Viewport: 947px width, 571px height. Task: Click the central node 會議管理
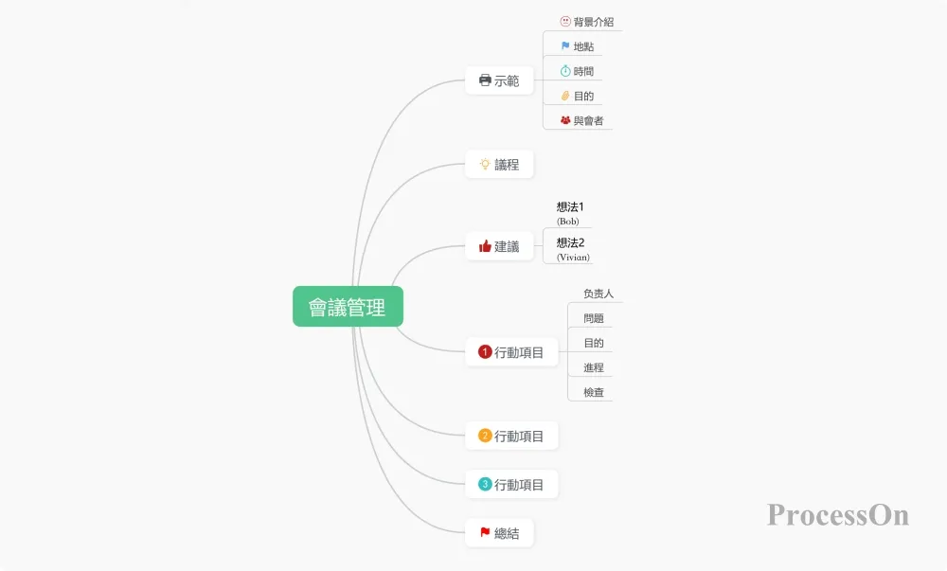tap(348, 307)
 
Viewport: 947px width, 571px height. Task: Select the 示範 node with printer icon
tap(499, 80)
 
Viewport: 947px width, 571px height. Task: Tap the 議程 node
tap(499, 164)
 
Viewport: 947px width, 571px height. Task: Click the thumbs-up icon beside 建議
tap(485, 245)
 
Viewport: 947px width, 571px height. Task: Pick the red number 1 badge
tap(485, 351)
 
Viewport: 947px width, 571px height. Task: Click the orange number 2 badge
tap(485, 436)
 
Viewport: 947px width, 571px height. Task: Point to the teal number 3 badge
tap(485, 484)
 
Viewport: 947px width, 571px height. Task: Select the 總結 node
tap(499, 533)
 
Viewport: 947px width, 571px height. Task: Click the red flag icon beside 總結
tap(485, 532)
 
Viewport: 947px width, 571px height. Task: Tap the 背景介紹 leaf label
tap(594, 22)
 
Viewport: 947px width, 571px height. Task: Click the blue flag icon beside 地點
tap(565, 45)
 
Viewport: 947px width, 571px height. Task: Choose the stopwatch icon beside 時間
tap(565, 71)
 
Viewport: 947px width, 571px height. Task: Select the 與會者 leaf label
tap(588, 120)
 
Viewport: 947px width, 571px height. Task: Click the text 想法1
tap(570, 206)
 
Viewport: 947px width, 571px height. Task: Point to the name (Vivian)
tap(573, 258)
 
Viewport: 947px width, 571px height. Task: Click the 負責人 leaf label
tap(599, 294)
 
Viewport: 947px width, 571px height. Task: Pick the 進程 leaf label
tap(594, 367)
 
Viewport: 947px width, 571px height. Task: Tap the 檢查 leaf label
tap(594, 392)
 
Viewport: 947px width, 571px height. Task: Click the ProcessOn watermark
tap(838, 515)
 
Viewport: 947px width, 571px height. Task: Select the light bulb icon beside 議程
tap(485, 164)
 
